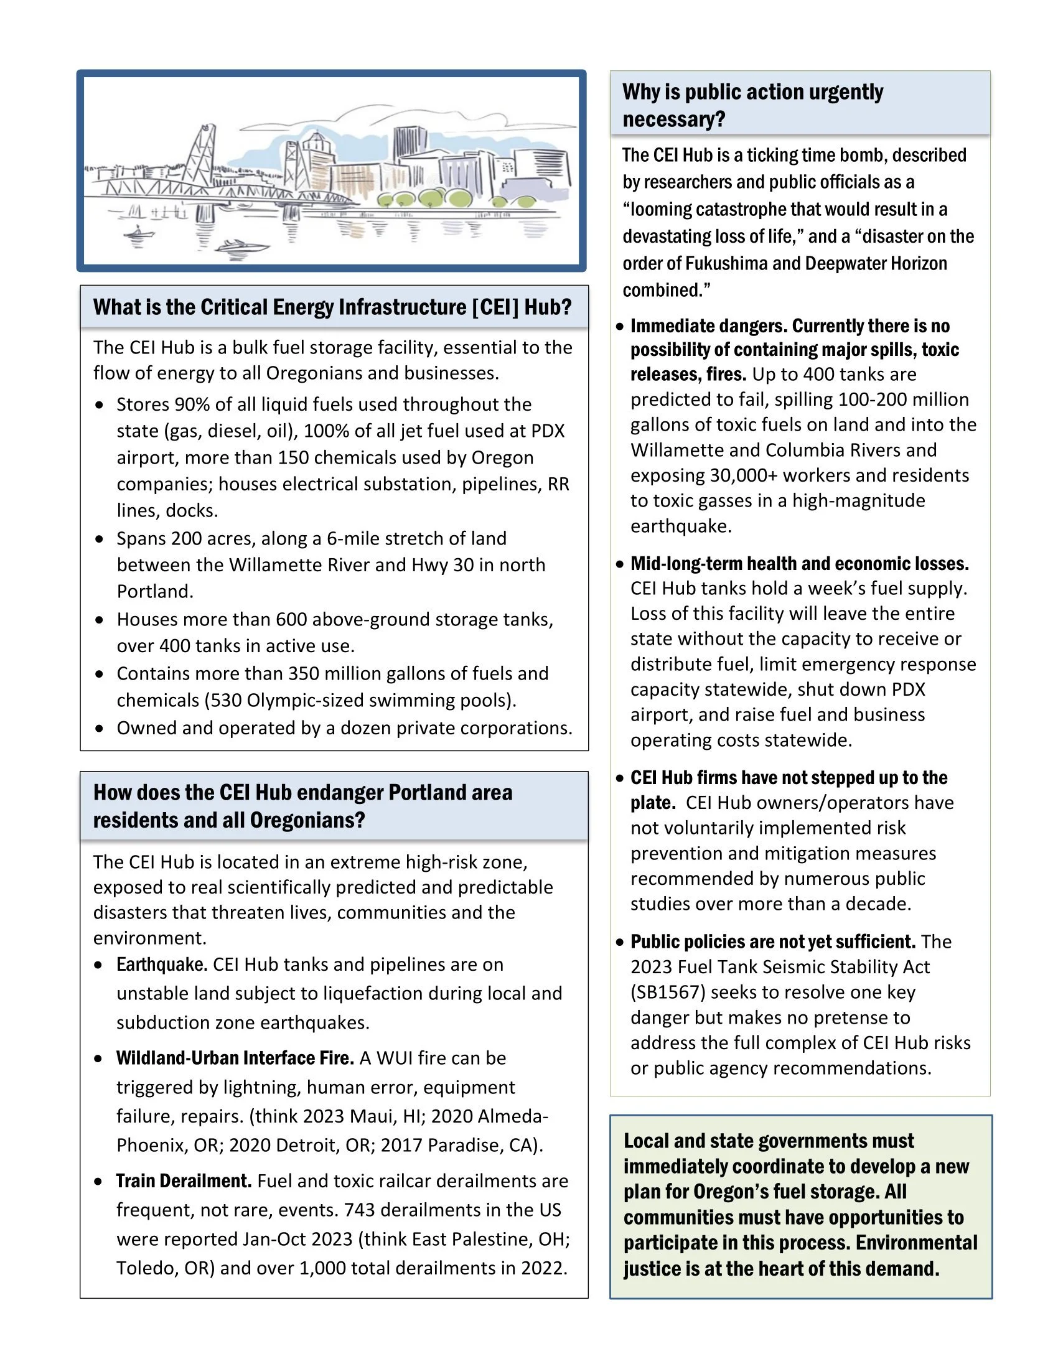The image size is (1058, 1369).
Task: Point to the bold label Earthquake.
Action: click(162, 964)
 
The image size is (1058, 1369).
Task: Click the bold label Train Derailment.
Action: click(184, 1181)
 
